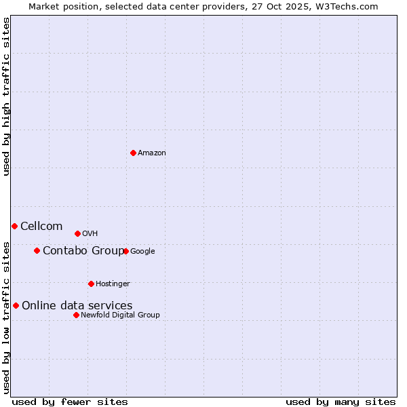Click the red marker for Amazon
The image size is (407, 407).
133,153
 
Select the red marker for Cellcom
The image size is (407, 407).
14,226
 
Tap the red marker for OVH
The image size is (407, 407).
77,233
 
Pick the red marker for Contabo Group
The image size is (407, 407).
37,250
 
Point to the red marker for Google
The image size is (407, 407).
125,251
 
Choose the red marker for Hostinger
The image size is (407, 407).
91,284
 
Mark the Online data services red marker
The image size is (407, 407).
16,305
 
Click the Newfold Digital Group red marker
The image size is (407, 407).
76,315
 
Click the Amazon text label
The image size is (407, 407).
152,153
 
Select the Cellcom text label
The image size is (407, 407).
41,227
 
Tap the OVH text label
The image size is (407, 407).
90,234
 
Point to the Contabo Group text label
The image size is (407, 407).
83,251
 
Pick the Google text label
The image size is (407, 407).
142,252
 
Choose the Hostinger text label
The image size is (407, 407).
113,284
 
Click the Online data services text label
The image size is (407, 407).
77,306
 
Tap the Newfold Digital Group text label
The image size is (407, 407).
121,315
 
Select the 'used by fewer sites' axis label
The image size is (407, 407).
70,402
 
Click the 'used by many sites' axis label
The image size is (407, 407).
341,402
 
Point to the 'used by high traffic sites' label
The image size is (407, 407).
6,96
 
